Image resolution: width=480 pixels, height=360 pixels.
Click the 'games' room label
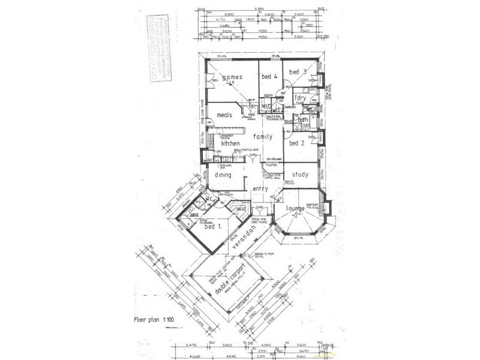[x=232, y=77]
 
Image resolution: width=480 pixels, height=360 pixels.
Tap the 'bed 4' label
[x=269, y=77]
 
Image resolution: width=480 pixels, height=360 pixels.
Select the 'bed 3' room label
[x=298, y=72]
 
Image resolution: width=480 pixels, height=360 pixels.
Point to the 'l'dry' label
[x=300, y=98]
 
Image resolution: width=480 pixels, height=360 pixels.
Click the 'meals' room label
[x=224, y=115]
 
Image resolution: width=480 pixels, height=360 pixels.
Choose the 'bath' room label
[x=303, y=119]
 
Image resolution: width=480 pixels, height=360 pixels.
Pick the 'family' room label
[x=262, y=137]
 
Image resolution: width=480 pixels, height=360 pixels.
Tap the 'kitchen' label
[x=230, y=144]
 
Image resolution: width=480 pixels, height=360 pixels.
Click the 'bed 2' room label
[x=297, y=143]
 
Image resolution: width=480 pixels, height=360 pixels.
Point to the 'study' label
[x=300, y=175]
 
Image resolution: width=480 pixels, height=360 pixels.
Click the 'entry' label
[x=260, y=189]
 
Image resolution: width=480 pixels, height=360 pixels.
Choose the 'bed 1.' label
[x=214, y=227]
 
